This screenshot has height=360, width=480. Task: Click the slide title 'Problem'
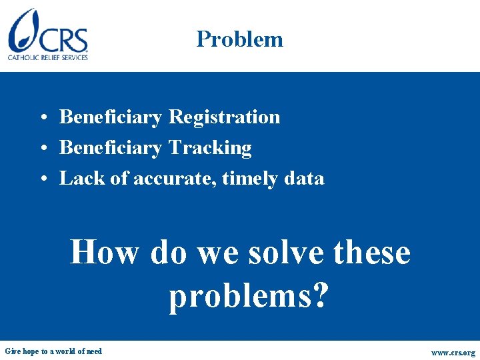click(239, 39)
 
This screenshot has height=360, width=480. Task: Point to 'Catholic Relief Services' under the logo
click(48, 57)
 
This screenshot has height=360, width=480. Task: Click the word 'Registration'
click(224, 117)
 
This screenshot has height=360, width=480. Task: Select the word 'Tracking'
click(210, 148)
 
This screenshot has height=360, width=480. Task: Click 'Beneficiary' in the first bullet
click(111, 117)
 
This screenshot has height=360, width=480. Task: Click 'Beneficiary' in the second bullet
click(111, 148)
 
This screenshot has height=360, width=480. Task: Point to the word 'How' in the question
click(105, 253)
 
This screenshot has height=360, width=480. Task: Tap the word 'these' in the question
click(371, 253)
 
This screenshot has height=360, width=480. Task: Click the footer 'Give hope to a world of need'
click(53, 351)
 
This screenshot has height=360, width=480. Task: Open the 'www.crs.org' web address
click(453, 352)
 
